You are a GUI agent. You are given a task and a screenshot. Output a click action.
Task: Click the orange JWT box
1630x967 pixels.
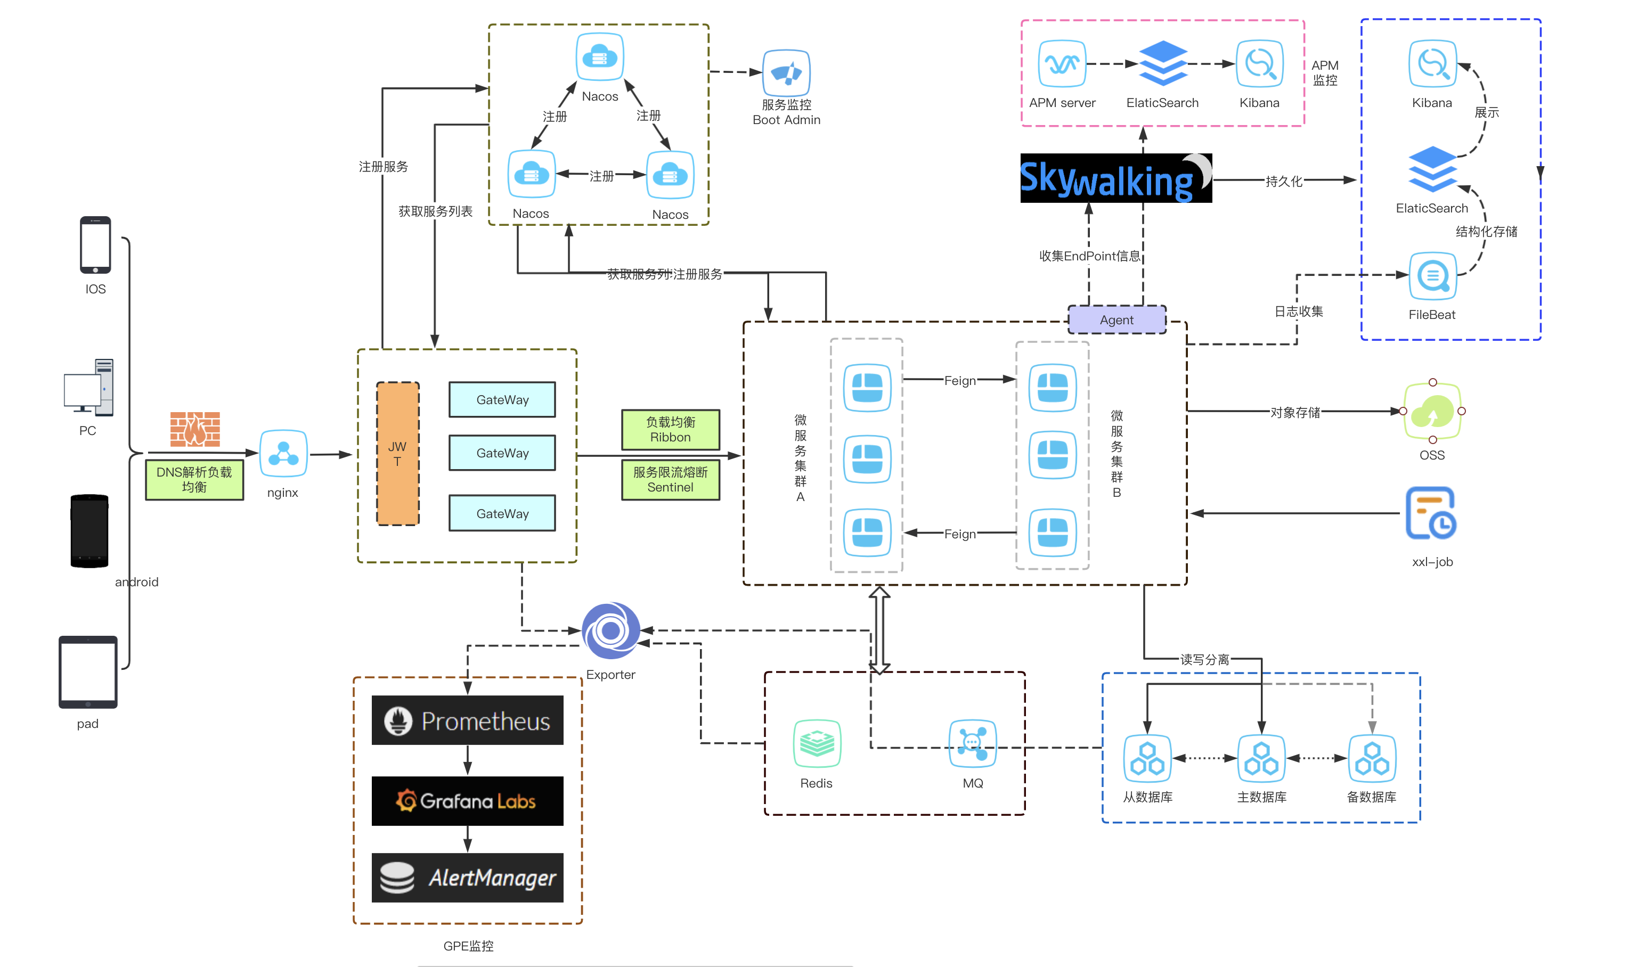(397, 454)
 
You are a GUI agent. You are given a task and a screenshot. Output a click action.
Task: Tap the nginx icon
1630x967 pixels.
(283, 454)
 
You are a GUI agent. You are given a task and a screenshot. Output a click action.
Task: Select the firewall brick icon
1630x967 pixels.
(195, 429)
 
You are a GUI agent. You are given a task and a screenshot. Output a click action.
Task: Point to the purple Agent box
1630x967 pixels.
(1116, 320)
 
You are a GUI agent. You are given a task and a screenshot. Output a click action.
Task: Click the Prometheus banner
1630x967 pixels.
(467, 720)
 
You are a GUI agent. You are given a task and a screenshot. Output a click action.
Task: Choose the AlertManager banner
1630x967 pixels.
(467, 878)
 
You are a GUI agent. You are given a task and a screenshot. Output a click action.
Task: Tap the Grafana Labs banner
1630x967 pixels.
(467, 801)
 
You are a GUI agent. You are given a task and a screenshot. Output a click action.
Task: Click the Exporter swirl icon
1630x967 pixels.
(610, 630)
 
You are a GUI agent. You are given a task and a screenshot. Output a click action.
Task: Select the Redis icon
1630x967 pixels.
(817, 743)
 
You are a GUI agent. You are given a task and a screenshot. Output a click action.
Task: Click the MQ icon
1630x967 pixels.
(972, 743)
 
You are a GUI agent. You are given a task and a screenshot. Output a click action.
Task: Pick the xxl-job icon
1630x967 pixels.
(1431, 513)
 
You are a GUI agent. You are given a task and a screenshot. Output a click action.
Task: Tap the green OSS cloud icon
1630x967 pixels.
(1432, 411)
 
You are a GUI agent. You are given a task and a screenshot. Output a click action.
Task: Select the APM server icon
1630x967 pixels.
(1062, 64)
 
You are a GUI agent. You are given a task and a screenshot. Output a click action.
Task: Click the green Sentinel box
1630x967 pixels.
(670, 480)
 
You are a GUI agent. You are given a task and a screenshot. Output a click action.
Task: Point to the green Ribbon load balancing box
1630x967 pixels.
(670, 429)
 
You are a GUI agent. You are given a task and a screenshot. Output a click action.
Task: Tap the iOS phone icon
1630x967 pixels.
(95, 245)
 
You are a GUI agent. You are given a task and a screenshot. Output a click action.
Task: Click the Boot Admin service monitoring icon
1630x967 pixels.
(786, 72)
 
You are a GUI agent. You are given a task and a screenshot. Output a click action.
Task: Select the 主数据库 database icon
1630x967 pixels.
(1261, 758)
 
